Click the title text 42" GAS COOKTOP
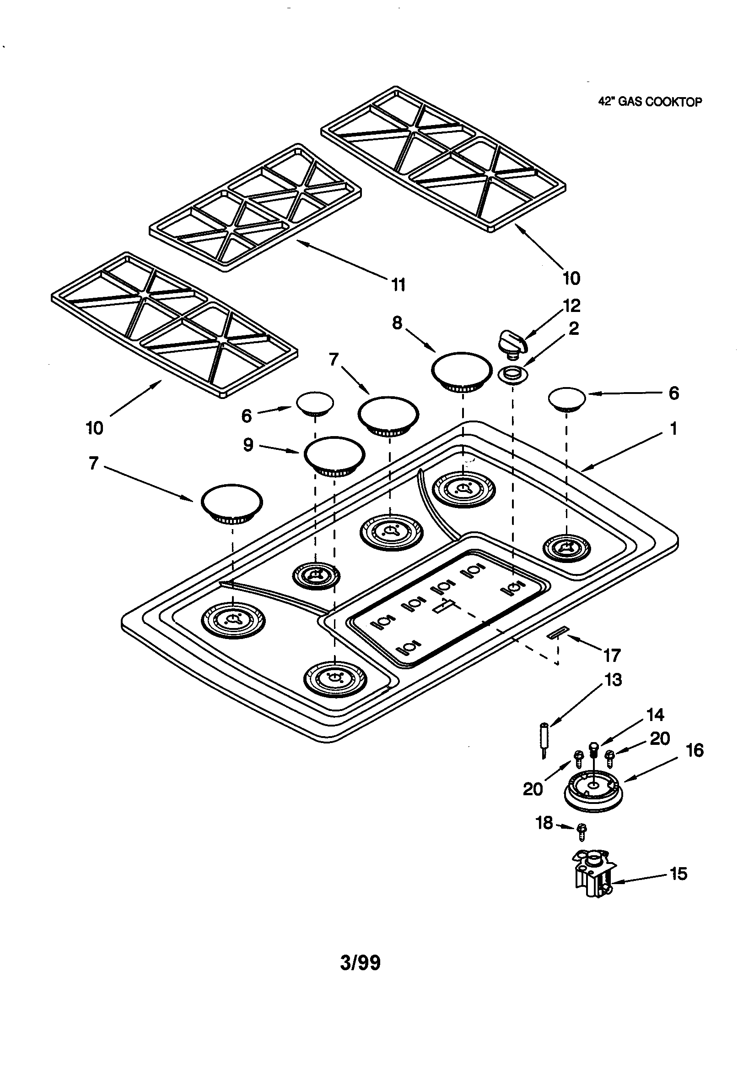(650, 102)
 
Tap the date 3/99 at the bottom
(360, 963)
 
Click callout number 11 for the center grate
(398, 284)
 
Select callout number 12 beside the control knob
(572, 306)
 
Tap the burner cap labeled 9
(334, 455)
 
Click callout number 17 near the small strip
(612, 656)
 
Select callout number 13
(613, 680)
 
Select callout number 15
(678, 873)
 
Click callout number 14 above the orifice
(655, 715)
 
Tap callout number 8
(397, 322)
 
